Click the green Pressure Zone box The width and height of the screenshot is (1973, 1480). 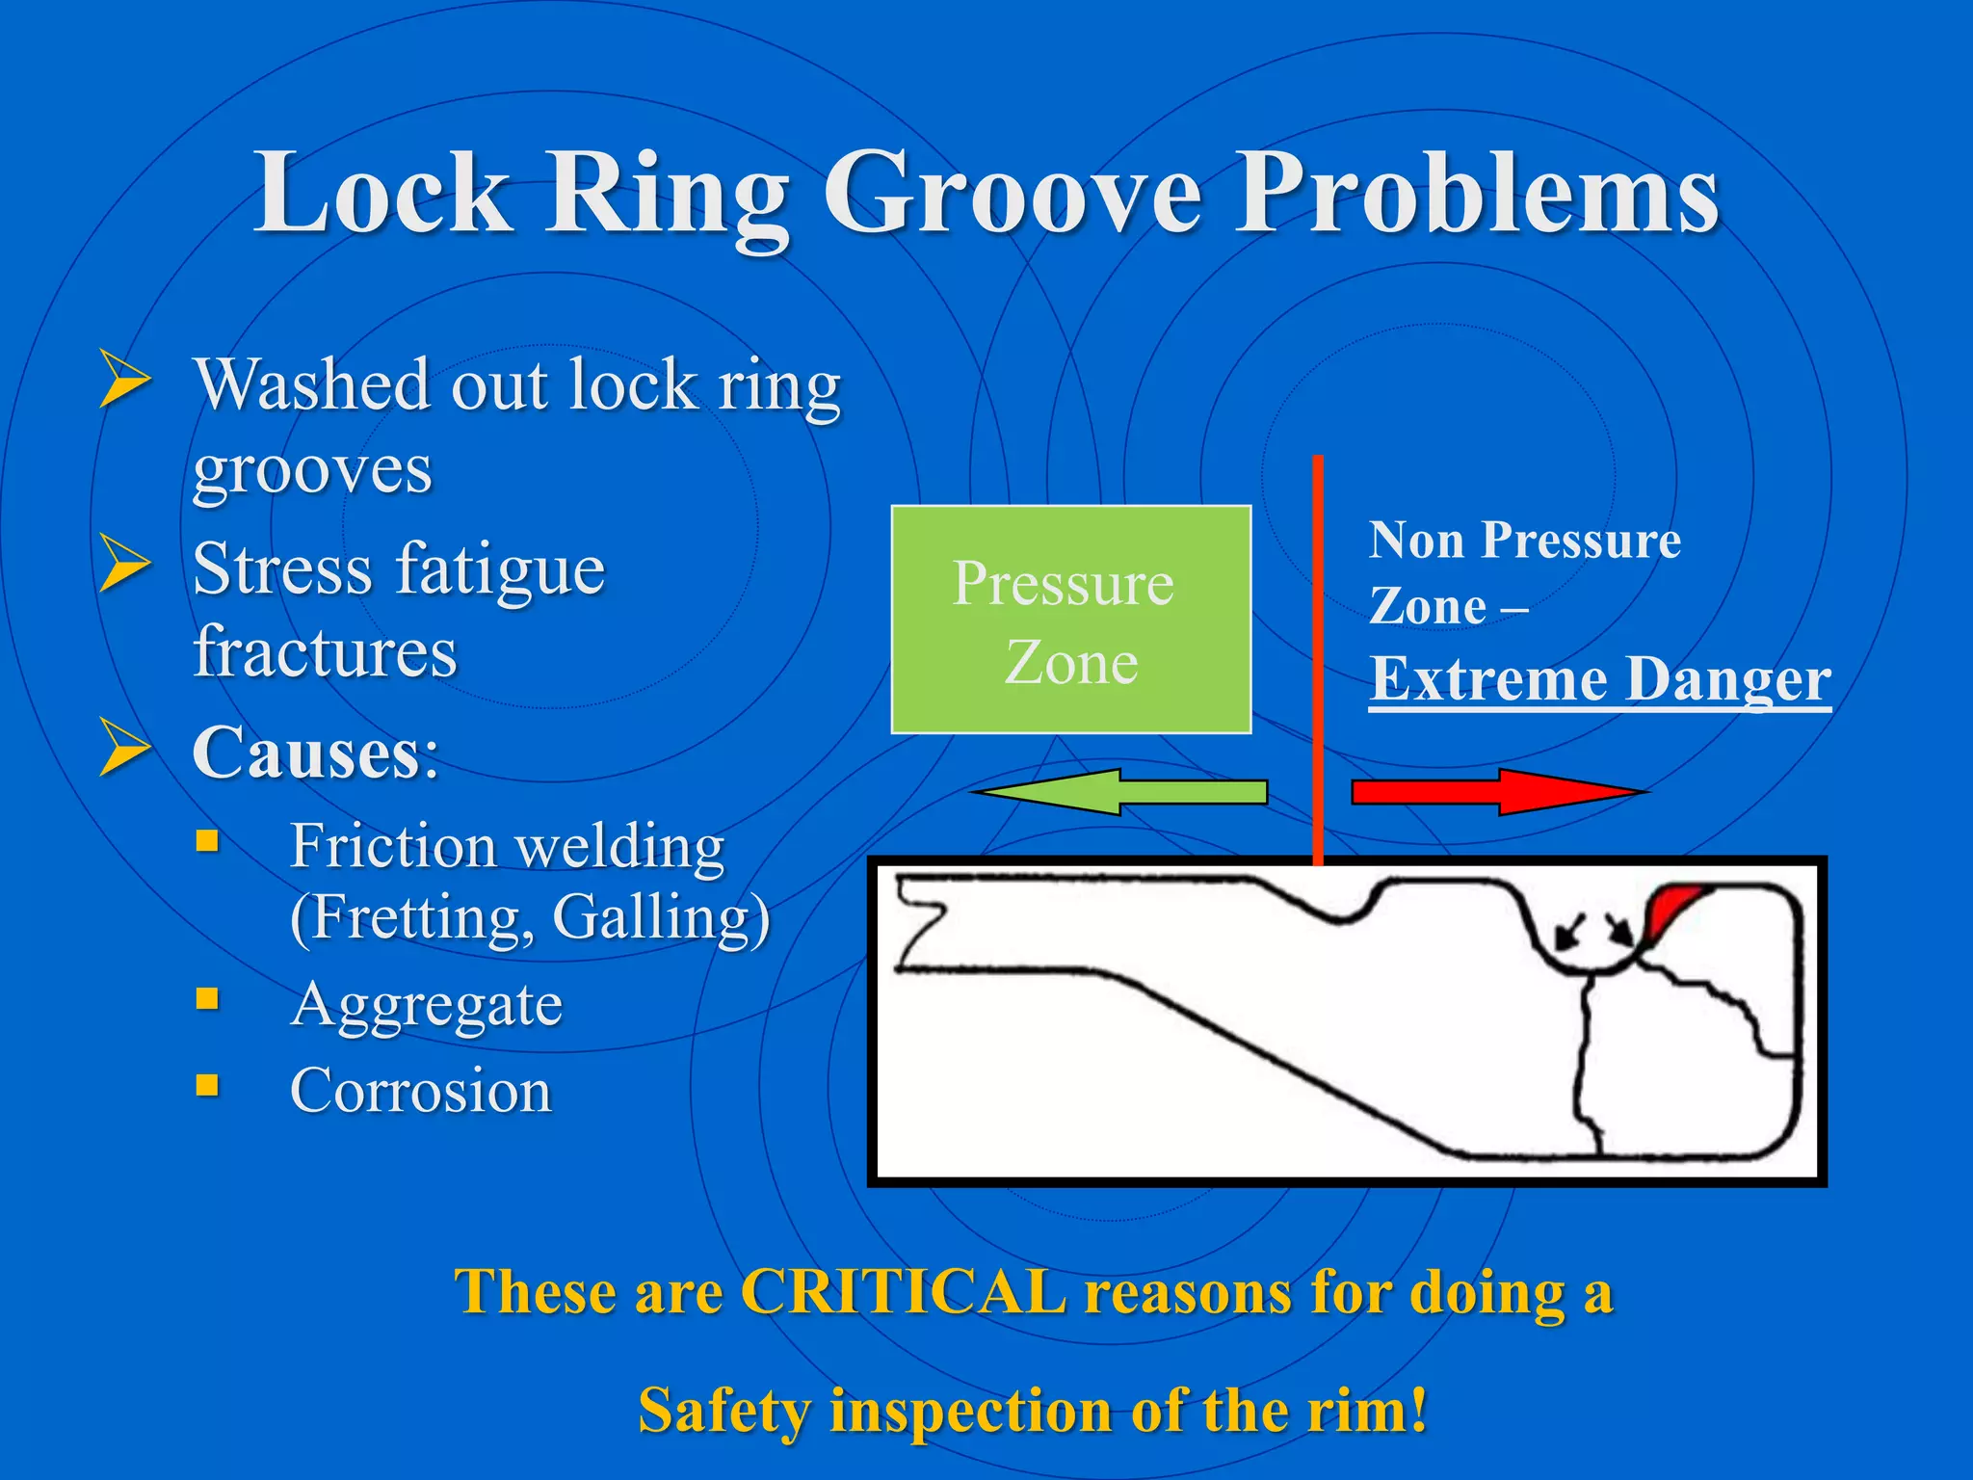pyautogui.click(x=1070, y=620)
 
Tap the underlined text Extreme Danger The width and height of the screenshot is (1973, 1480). pyautogui.click(x=1599, y=680)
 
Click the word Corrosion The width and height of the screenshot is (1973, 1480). pyautogui.click(x=421, y=1091)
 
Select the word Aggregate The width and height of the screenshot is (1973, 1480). pyautogui.click(x=427, y=1005)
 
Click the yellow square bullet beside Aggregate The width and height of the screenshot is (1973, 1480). pyautogui.click(x=207, y=998)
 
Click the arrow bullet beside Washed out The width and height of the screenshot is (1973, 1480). pyautogui.click(x=125, y=380)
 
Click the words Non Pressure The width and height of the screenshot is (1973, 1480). pyautogui.click(x=1524, y=540)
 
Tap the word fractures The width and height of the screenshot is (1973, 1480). pyautogui.click(x=325, y=651)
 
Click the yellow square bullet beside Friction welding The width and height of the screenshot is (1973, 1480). pyautogui.click(x=207, y=841)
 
